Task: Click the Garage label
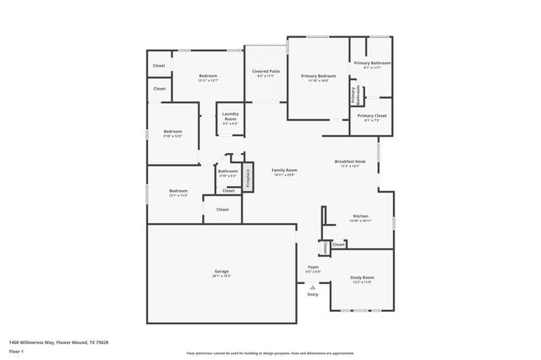(221, 273)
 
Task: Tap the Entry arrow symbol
(313, 286)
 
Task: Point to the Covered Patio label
(266, 73)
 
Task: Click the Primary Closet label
(371, 117)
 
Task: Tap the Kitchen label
(361, 219)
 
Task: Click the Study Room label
(362, 279)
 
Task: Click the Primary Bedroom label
(319, 78)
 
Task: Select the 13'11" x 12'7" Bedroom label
(208, 78)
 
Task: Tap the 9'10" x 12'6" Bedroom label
(172, 134)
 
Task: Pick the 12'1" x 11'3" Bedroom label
(178, 193)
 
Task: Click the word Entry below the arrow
(313, 294)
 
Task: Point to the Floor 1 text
(16, 351)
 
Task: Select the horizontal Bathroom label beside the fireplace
(227, 172)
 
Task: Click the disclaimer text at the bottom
(270, 353)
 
